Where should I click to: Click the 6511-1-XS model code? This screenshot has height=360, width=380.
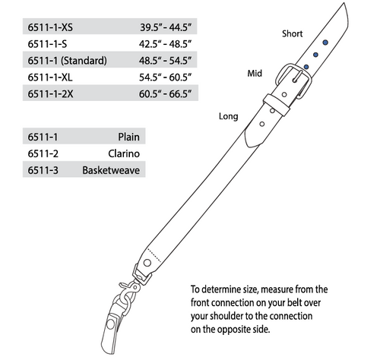[x=50, y=27]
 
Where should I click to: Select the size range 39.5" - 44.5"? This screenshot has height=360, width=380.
[x=166, y=27]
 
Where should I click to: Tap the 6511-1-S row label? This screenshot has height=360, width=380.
[x=47, y=44]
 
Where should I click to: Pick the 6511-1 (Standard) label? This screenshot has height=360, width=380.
[x=67, y=61]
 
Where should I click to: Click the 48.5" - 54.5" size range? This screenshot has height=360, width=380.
[x=165, y=61]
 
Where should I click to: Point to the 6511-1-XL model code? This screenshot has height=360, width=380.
[x=50, y=77]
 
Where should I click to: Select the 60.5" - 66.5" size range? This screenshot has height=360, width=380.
[x=165, y=94]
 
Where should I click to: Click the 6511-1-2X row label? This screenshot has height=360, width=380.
[x=50, y=94]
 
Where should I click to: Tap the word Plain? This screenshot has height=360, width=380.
[x=128, y=137]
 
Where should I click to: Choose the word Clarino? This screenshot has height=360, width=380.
[x=124, y=153]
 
